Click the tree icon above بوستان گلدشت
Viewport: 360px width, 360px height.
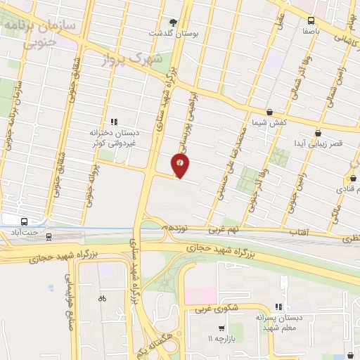coord(174,22)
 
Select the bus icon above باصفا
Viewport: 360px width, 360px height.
coord(311,20)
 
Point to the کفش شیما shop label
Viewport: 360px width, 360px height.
coord(269,123)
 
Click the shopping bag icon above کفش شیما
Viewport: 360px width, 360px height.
coord(269,112)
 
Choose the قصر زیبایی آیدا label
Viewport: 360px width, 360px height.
coord(318,143)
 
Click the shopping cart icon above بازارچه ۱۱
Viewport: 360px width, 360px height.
coord(221,328)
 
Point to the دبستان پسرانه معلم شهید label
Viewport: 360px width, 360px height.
coord(280,323)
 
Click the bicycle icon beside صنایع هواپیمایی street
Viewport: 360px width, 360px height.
coord(103,298)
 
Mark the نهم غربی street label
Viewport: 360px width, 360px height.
coord(224,230)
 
